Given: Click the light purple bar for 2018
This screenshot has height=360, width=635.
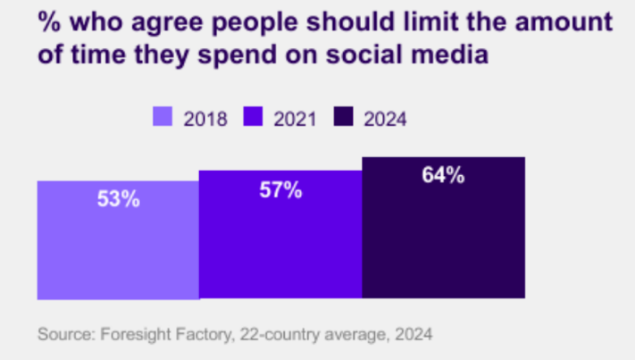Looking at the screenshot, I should click(117, 240).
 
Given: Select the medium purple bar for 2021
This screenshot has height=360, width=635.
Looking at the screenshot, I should click(280, 235).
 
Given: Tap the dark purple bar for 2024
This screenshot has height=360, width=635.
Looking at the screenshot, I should click(443, 228).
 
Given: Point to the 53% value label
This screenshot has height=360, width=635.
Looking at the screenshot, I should click(119, 199).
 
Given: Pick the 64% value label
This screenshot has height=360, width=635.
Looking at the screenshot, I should click(443, 175).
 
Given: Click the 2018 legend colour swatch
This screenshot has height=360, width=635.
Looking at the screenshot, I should click(163, 117).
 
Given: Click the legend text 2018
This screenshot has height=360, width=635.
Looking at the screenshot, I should click(205, 118).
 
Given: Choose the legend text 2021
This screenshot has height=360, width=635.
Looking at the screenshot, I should click(294, 118).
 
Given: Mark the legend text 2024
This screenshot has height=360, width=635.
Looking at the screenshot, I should click(385, 118).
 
